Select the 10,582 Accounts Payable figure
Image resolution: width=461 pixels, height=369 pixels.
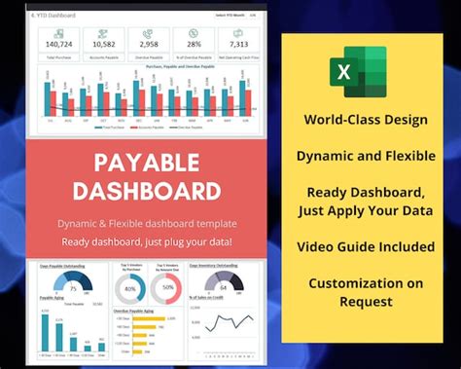tap(104, 45)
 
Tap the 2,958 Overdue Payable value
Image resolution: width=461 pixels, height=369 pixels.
tap(149, 45)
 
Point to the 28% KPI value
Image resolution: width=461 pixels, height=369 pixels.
tap(194, 45)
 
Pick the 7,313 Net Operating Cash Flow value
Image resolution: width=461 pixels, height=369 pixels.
tap(237, 45)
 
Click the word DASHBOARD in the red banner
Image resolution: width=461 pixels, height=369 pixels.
tap(147, 190)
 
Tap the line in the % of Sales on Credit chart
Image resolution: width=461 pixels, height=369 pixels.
tap(229, 322)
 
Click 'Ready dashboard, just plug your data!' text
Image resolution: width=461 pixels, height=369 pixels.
tap(147, 240)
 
